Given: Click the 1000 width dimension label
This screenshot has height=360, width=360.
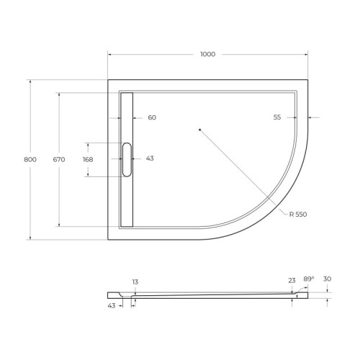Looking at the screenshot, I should click(207, 55).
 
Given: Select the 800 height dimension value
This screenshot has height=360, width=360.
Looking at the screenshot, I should click(30, 159).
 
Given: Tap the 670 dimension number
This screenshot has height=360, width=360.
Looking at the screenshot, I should click(59, 159).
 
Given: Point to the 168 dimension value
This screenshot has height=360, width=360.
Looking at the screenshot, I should click(88, 159).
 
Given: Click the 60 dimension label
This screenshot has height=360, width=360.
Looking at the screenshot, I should click(152, 117).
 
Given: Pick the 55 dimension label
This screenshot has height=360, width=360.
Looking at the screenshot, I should click(277, 117).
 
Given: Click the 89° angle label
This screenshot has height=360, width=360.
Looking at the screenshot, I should click(308, 280).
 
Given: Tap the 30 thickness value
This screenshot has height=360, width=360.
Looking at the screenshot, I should click(328, 280).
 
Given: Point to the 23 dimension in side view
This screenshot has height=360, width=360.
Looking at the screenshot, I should click(292, 281).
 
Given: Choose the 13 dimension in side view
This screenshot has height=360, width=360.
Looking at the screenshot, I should click(135, 281).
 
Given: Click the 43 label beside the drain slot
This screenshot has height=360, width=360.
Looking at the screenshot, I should click(150, 158).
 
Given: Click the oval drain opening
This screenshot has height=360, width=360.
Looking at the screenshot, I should click(127, 159).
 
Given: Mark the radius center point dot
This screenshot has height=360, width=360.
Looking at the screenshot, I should click(199, 130).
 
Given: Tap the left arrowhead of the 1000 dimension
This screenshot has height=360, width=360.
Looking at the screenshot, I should click(110, 55).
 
